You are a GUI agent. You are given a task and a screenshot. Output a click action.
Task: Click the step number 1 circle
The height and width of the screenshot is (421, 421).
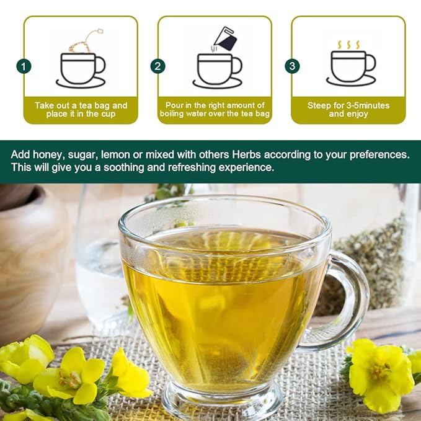[x=24, y=66]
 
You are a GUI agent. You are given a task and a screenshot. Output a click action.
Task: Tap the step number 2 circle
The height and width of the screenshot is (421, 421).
[x=158, y=66]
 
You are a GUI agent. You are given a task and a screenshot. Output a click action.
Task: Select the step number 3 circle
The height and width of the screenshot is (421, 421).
[x=292, y=66]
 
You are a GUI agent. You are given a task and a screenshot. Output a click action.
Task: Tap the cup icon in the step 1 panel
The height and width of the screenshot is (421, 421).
[x=81, y=68]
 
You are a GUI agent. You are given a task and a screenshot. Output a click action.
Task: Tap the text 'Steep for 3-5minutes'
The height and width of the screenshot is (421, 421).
[x=348, y=105]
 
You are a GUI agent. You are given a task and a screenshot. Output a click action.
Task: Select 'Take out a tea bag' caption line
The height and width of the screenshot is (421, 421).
[x=81, y=105]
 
